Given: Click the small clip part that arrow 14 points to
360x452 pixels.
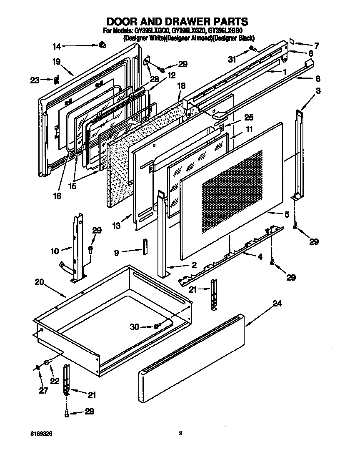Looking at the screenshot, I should tap(102, 45).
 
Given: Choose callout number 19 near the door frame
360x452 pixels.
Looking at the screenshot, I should tap(57, 61).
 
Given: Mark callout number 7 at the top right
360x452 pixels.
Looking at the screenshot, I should tap(316, 45).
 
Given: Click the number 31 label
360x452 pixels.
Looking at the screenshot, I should tap(232, 59).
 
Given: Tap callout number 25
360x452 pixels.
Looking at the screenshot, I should tap(237, 118).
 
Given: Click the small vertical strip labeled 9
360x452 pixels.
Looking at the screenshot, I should tap(145, 246).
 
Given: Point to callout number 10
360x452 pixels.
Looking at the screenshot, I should tap(55, 251).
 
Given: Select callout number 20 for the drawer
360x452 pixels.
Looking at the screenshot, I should tap(39, 282).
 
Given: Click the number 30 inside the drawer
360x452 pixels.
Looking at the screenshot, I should tap(134, 327).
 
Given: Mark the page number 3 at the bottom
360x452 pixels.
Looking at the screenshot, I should tap(180, 433).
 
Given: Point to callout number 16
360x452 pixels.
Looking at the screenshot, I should tap(57, 196).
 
